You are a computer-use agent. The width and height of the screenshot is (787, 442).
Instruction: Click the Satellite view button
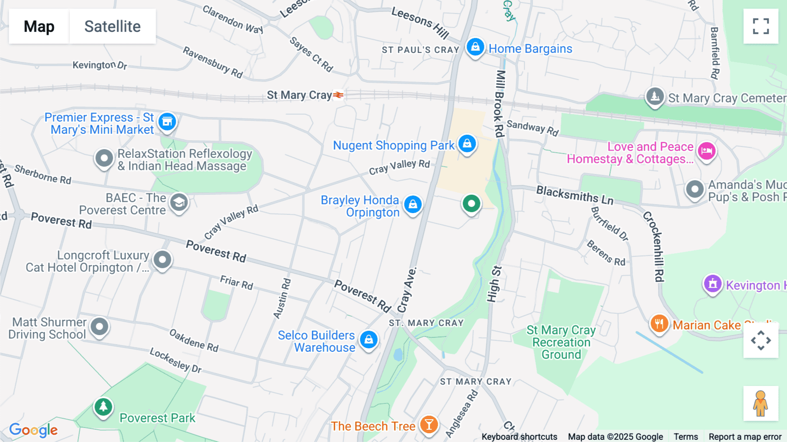112,26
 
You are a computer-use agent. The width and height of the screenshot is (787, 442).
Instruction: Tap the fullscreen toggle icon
761,26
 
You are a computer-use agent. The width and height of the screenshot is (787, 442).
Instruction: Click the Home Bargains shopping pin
475,47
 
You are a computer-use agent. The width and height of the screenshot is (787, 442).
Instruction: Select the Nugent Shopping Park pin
467,144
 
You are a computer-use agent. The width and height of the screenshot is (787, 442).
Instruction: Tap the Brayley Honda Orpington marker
413,204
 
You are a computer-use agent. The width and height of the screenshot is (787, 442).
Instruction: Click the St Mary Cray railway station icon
338,95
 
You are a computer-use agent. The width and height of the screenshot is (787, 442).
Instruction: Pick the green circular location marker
471,203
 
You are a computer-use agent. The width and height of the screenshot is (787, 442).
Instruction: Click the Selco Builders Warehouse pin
369,340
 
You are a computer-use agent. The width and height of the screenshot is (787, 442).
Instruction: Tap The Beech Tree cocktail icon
429,424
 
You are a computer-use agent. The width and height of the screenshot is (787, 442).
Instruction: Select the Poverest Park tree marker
103,407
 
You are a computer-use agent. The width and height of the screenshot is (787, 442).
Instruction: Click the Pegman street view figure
761,403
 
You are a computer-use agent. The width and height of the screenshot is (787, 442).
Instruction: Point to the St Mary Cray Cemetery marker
655,96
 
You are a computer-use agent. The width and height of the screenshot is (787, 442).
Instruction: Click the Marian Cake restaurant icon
659,324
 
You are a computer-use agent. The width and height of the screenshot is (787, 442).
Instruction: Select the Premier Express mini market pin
167,122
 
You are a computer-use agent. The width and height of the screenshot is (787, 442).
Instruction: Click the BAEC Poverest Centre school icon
179,203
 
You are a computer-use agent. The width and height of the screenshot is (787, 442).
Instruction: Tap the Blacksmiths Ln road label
575,195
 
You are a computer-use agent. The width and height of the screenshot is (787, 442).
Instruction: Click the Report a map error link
745,437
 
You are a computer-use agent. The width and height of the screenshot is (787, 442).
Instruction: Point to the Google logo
34,430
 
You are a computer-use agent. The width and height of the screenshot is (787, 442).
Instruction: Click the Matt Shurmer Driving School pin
99,326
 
